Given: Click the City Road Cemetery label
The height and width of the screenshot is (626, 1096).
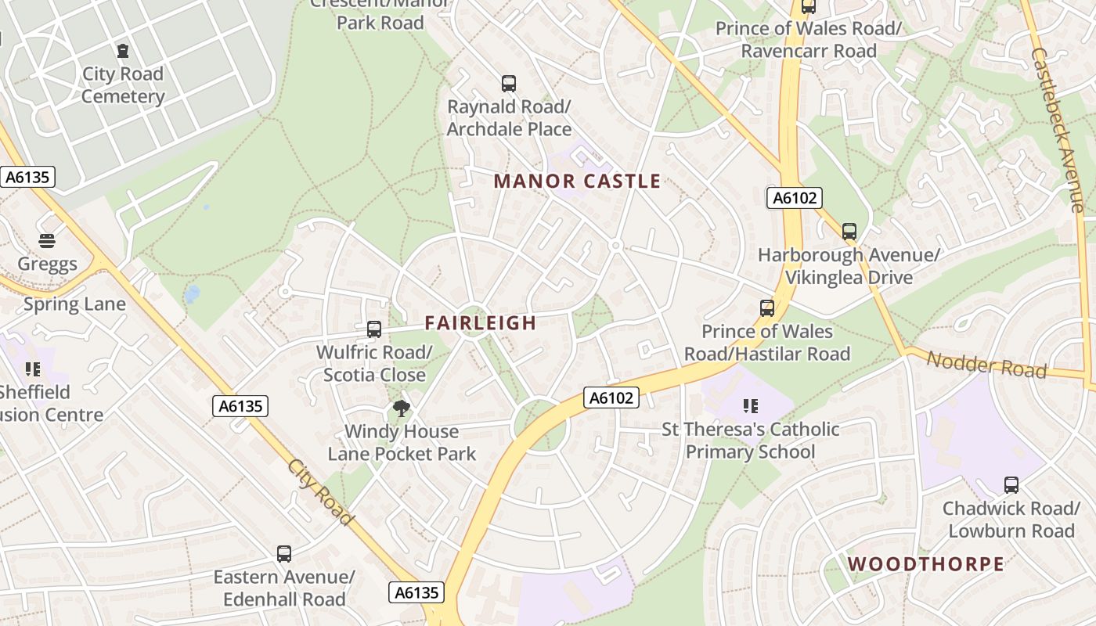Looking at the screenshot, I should tap(123, 85).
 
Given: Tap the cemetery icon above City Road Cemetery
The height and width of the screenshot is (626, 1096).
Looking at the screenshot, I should tap(123, 51).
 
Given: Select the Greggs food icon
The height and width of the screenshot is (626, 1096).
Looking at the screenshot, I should tap(47, 240).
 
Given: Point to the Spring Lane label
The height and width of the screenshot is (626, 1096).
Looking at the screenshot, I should tap(74, 304).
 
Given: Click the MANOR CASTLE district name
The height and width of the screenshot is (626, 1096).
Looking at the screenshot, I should tap(577, 182).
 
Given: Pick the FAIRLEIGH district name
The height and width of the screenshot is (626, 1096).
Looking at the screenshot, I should tap(480, 322).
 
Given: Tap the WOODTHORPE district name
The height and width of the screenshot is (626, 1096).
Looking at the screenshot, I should tap(925, 564).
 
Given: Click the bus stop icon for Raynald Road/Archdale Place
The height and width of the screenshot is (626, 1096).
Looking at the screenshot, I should tap(509, 83).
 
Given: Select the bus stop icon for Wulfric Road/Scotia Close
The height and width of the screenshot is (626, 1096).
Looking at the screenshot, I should tap(374, 329).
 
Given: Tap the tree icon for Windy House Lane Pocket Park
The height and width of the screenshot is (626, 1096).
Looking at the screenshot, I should tap(402, 408).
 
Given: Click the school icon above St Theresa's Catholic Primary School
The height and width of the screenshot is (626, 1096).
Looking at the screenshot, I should tap(750, 405).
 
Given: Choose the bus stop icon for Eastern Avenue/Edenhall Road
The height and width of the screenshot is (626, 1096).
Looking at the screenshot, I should tap(284, 554).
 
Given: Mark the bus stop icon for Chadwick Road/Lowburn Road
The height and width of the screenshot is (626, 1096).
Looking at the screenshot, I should tap(1011, 485).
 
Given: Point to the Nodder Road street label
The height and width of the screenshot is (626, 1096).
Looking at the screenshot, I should tap(986, 365).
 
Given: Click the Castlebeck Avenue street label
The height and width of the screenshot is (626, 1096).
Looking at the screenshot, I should tap(1057, 130).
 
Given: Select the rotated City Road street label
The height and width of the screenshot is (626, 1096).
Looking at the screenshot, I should tap(320, 491).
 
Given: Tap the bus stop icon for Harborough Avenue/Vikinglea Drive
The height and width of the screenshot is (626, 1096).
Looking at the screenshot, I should tap(849, 232).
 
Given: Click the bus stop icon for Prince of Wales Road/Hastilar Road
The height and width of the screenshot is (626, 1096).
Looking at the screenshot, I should tap(767, 308).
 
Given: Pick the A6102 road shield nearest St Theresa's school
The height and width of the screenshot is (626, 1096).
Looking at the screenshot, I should tap(611, 398).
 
